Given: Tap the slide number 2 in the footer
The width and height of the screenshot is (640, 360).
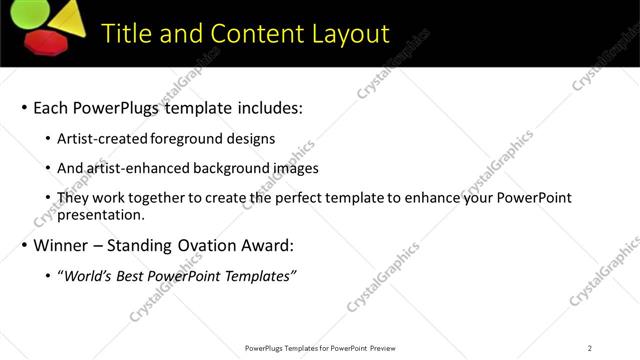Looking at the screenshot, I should pos(590,348).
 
